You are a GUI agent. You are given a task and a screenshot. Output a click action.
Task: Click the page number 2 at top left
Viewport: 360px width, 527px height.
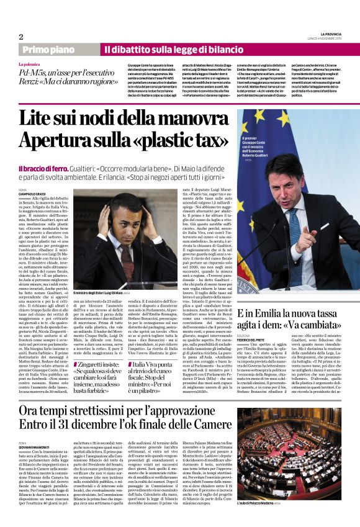pyautogui.click(x=21, y=37)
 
